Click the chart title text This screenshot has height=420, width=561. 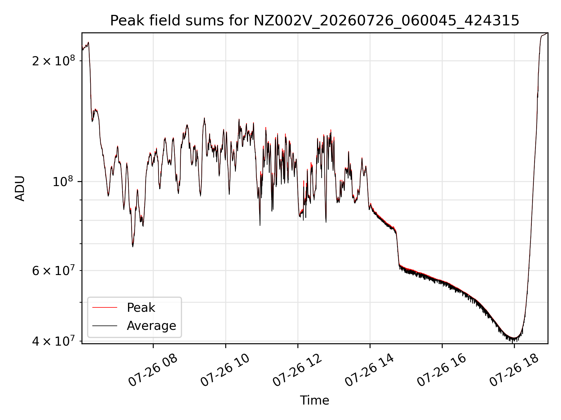[x=315, y=21]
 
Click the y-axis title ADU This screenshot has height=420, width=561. [x=20, y=188]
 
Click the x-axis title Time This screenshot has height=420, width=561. [x=314, y=400]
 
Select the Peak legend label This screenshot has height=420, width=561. [x=141, y=308]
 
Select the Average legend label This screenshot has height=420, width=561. [x=151, y=326]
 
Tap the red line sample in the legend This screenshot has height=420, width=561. [x=105, y=307]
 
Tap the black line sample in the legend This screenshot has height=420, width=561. [x=105, y=325]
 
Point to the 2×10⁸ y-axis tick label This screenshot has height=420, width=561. [x=53, y=61]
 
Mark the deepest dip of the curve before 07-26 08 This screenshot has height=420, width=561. [x=133, y=246]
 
